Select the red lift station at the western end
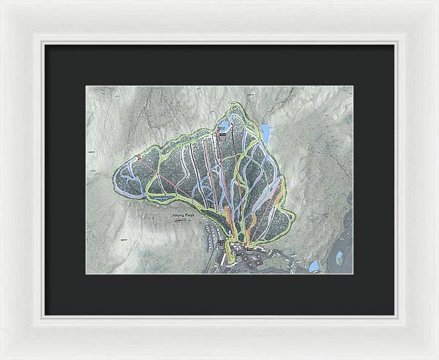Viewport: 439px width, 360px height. [138, 157]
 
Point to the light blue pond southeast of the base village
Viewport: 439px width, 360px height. [313, 266]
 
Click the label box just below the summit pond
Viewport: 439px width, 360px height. [222, 135]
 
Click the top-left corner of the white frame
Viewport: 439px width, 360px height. [2, 2]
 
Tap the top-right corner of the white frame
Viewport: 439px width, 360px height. [436, 2]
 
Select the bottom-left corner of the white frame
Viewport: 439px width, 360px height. [2, 357]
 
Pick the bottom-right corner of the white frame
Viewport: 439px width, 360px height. [436, 357]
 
